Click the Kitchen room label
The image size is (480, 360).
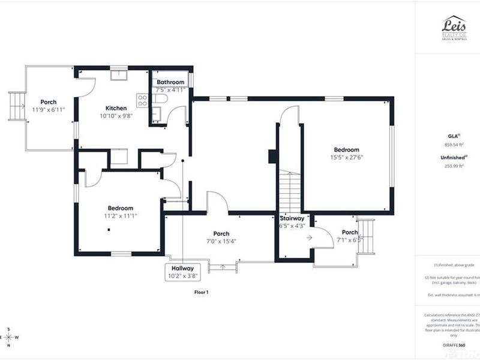click(116, 108)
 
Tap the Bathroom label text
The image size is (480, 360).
click(170, 82)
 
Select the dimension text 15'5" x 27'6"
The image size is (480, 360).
click(347, 157)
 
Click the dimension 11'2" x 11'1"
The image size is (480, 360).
click(120, 216)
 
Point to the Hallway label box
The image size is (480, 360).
click(182, 272)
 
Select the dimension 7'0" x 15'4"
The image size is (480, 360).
click(221, 241)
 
